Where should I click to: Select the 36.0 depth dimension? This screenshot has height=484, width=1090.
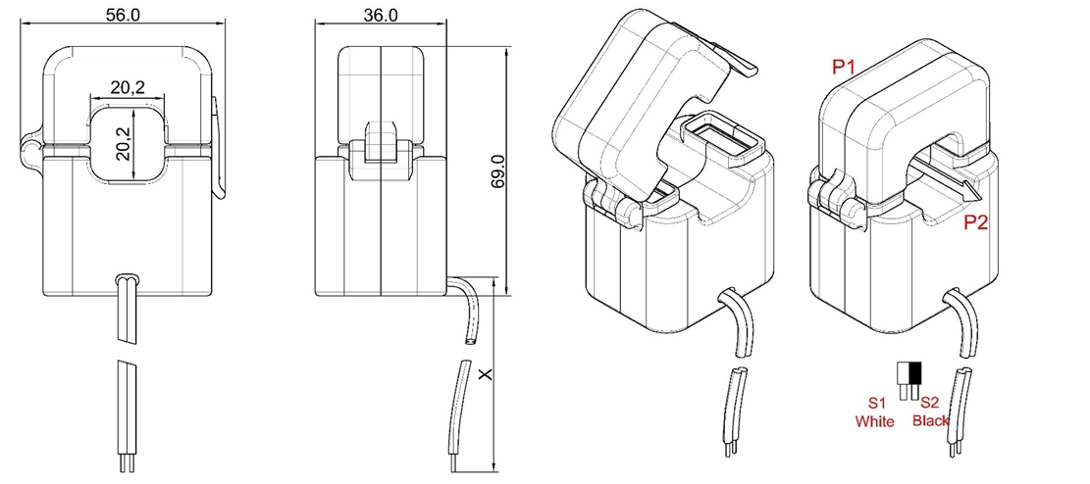click(x=380, y=15)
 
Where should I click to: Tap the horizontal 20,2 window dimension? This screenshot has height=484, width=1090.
click(x=128, y=87)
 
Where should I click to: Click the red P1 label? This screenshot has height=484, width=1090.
click(x=844, y=67)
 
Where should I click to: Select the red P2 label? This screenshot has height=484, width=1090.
click(x=975, y=223)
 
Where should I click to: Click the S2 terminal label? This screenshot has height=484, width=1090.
click(x=930, y=403)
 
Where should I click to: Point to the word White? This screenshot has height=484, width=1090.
click(x=875, y=421)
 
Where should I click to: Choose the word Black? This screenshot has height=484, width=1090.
click(x=930, y=421)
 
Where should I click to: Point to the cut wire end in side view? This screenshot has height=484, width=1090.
click(x=469, y=342)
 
